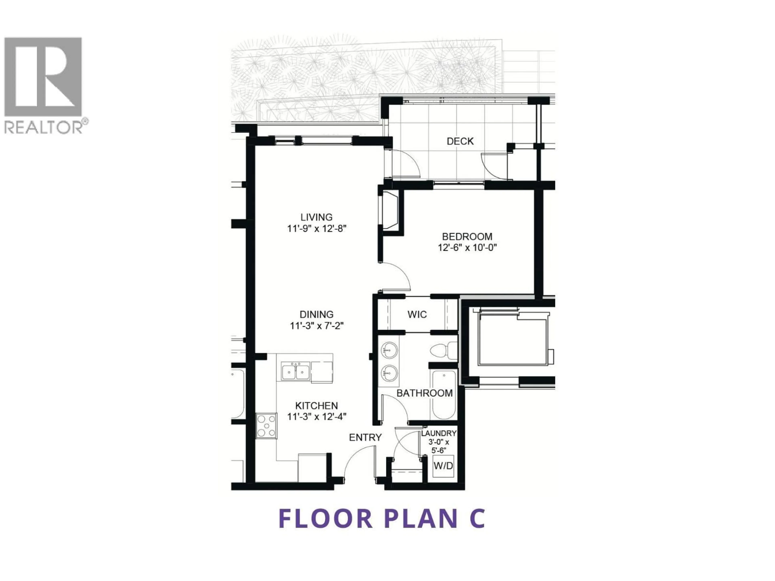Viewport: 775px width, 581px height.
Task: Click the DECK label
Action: click(x=460, y=141)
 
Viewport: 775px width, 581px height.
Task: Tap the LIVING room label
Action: click(x=316, y=217)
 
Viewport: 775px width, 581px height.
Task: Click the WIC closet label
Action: click(x=417, y=315)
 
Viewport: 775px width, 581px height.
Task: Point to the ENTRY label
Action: click(x=365, y=437)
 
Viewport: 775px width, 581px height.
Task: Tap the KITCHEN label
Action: click(x=316, y=406)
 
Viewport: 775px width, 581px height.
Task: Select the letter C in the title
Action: click(x=477, y=519)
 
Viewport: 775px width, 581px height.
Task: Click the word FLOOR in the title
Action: click(x=326, y=519)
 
